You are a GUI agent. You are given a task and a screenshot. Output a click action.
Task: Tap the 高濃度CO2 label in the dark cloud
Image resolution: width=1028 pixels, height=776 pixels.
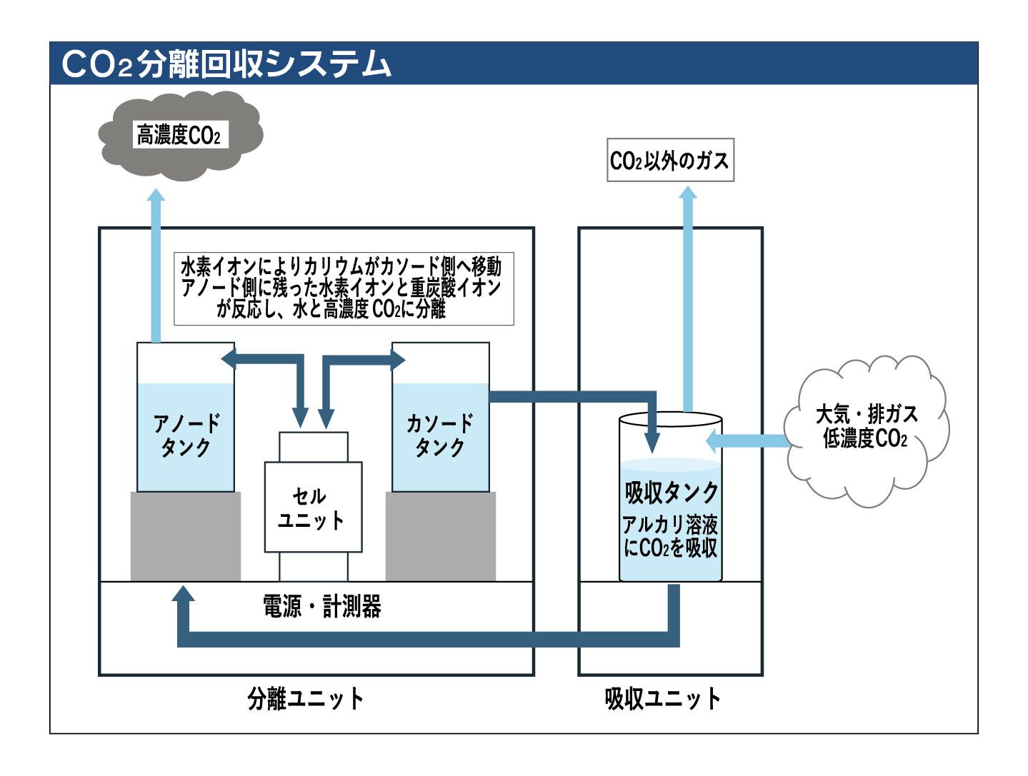179,135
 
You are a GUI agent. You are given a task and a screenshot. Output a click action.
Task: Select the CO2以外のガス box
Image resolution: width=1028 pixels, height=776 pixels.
669,161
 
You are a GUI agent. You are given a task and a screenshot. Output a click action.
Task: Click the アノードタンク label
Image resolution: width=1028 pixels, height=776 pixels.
186,435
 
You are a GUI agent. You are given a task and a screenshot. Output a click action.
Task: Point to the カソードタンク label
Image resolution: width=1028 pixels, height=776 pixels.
440,435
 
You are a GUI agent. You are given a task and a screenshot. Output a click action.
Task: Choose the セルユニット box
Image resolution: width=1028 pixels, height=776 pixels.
313,508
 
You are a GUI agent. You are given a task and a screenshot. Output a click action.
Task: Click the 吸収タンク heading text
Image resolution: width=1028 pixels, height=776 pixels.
671,493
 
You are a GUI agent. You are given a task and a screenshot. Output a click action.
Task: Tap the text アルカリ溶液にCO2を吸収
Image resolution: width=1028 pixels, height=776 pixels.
670,537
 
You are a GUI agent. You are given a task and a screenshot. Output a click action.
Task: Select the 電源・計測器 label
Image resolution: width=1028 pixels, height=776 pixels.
321,607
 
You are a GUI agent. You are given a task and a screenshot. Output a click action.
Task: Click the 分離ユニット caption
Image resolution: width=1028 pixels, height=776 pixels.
306,698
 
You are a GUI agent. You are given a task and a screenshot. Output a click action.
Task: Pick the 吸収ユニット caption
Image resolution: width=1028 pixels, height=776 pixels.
662,698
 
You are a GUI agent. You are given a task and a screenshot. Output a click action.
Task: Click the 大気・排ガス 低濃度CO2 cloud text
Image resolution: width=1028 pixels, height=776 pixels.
866,427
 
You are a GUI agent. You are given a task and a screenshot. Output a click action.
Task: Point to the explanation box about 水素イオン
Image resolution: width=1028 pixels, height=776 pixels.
344,288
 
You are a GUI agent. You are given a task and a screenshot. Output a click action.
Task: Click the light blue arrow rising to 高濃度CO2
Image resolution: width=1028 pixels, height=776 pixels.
156,264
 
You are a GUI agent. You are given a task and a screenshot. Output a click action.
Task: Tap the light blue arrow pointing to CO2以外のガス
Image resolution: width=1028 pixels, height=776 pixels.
687,300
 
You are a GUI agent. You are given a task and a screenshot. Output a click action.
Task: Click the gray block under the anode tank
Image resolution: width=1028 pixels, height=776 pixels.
186,535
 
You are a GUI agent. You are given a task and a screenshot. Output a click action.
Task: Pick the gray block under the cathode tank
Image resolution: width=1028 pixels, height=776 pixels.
441,535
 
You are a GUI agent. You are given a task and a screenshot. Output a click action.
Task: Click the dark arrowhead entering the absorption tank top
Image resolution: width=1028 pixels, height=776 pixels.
652,440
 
